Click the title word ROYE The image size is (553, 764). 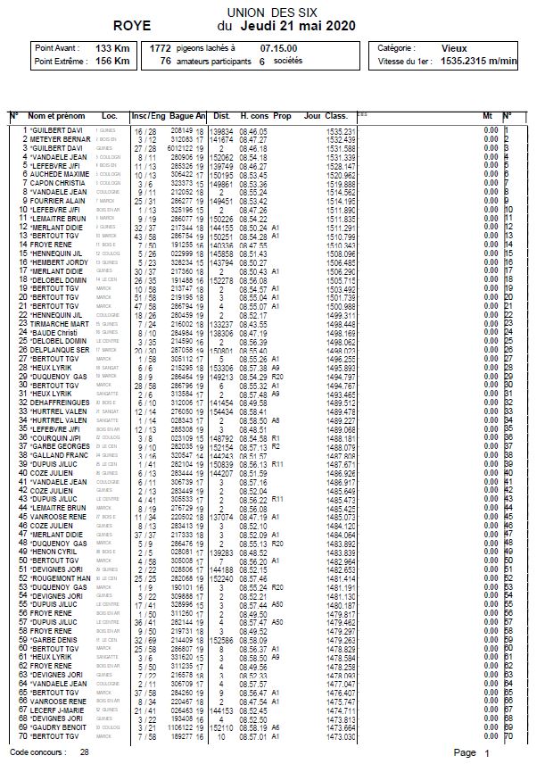[134, 27]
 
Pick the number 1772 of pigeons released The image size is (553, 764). [161, 47]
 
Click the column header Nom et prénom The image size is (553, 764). [57, 116]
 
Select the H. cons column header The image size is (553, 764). [254, 116]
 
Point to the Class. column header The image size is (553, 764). [336, 116]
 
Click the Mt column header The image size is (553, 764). [487, 116]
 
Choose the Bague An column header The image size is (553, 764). [188, 116]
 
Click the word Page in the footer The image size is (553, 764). [465, 752]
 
